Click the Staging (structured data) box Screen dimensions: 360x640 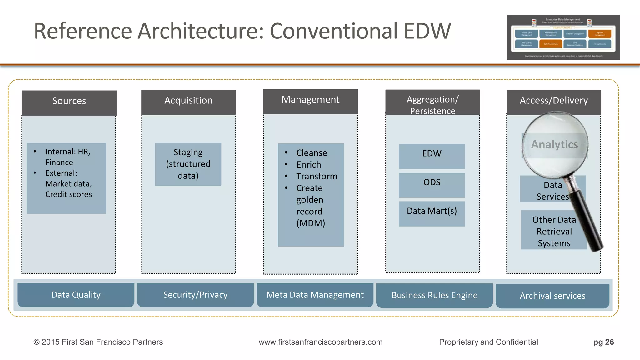click(x=188, y=164)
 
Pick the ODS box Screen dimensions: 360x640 click(x=432, y=185)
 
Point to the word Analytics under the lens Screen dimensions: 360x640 click(x=554, y=144)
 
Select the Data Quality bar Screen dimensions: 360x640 click(x=76, y=295)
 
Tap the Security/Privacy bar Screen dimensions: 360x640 click(x=195, y=295)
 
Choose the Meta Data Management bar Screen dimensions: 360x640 click(x=315, y=295)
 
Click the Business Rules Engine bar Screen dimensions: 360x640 click(x=434, y=295)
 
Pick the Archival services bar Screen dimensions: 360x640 click(x=552, y=296)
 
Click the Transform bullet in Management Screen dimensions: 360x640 click(x=317, y=176)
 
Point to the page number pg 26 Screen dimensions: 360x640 click(x=603, y=342)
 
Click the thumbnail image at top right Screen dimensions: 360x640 click(x=563, y=37)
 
